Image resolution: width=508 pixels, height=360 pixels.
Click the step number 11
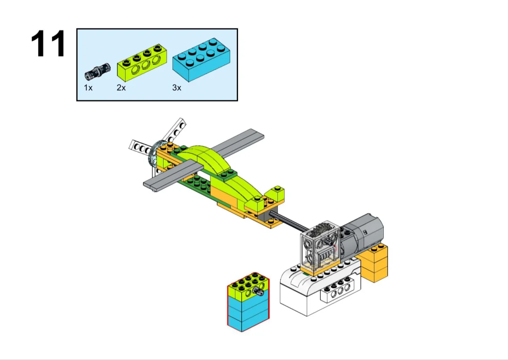[49, 44]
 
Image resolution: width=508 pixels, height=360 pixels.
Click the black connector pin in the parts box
[97, 72]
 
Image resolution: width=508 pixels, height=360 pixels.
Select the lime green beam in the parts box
[142, 62]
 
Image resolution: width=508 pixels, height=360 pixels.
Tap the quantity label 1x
[88, 88]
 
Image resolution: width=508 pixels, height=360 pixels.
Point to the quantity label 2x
[121, 88]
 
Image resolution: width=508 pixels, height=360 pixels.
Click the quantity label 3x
[176, 88]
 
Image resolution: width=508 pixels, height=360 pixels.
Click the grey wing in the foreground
[173, 177]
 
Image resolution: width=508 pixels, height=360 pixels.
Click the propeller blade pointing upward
[175, 131]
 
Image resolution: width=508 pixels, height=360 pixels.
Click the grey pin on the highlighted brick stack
[259, 292]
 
